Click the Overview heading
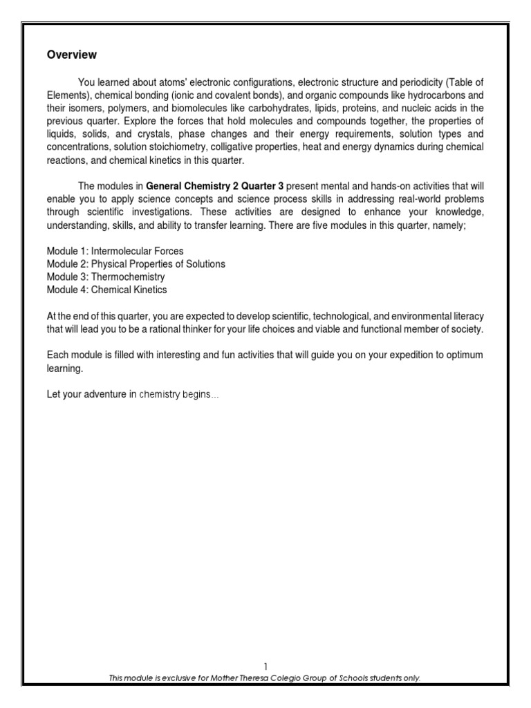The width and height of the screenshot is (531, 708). pos(72,55)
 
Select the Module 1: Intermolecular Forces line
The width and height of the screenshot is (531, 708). pos(115,251)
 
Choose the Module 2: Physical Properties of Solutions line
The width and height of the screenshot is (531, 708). pos(136,264)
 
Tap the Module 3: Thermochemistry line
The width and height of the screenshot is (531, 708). pos(106,277)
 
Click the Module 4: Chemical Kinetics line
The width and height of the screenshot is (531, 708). pos(106,290)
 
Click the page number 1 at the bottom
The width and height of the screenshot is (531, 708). pos(265,667)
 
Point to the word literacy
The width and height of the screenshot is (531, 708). pos(467,316)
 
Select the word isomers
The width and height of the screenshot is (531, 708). pos(86,107)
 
